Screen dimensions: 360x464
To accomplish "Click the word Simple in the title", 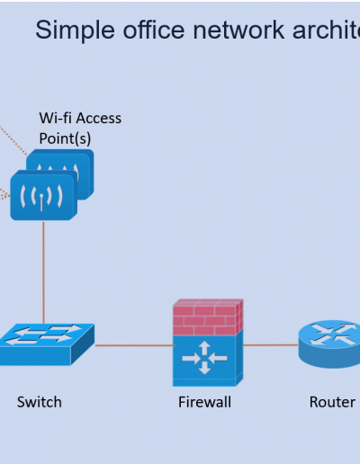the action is (x=75, y=31).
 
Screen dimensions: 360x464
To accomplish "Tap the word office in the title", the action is (x=154, y=30).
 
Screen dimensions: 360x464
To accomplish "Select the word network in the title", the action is (x=238, y=30).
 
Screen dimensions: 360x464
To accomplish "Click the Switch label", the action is (x=40, y=402).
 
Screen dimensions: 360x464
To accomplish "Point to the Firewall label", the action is (x=205, y=402).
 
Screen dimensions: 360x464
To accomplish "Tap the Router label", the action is (x=332, y=402).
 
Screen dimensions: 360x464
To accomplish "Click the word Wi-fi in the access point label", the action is (x=55, y=118).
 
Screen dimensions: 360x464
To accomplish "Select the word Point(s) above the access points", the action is (x=65, y=138).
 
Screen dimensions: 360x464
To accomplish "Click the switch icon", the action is (x=47, y=344).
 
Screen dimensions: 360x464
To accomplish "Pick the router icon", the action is (x=329, y=344).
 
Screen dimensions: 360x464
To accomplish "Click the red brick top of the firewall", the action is (x=208, y=317).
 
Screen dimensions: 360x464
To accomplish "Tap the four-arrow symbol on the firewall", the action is (x=204, y=358).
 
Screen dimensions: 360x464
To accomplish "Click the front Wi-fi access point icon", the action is (x=44, y=195).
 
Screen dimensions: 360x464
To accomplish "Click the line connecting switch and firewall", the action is (x=134, y=345).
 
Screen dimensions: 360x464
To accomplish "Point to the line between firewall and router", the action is (x=271, y=345).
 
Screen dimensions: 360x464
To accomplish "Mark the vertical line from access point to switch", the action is (x=43, y=272).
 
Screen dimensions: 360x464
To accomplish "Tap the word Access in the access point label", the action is (x=99, y=118).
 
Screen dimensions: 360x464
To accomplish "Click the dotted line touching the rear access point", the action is (x=14, y=141).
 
